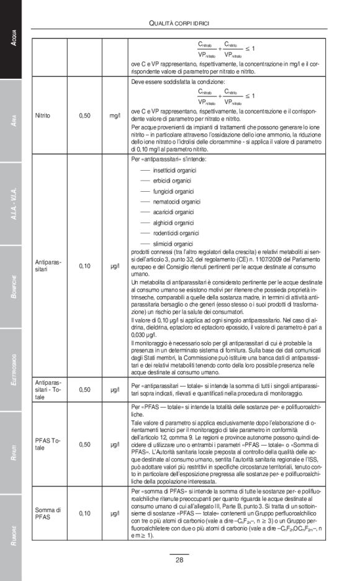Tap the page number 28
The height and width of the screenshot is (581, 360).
point(179,559)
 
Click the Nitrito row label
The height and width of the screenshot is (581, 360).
point(43,115)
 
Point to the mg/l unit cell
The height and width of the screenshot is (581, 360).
point(114,115)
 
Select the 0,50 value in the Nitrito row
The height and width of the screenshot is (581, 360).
point(85,115)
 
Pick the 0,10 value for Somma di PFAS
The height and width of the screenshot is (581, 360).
point(85,513)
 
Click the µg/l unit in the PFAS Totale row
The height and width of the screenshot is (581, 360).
point(114,444)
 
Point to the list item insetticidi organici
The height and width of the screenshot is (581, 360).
point(174,169)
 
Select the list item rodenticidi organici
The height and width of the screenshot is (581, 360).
point(177,233)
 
